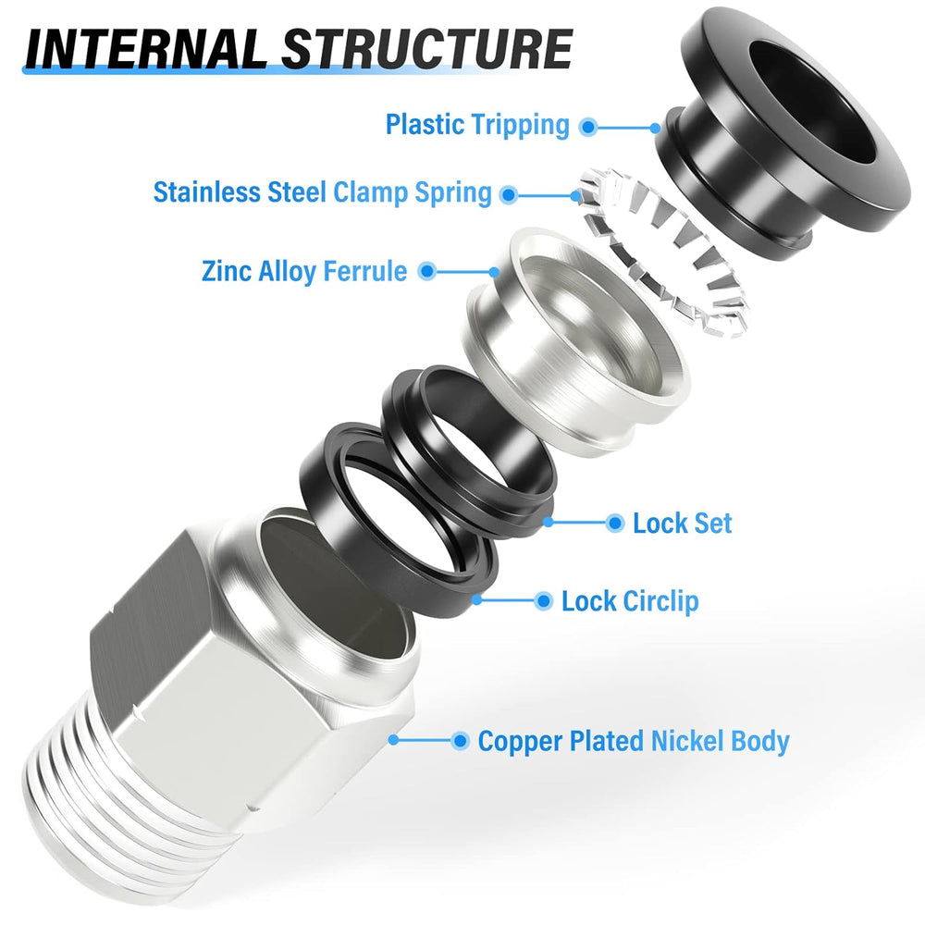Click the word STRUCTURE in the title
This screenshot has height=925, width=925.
426,50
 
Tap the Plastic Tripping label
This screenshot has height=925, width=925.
477,124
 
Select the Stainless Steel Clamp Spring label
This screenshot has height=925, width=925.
322,193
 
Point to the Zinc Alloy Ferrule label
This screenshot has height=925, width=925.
303,271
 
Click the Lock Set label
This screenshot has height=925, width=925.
682,524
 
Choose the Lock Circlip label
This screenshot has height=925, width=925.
630,601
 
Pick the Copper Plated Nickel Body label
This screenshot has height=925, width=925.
634,741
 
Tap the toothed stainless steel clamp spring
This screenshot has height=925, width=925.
675,250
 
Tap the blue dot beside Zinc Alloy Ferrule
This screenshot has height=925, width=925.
426,271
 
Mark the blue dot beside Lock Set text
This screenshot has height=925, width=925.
614,524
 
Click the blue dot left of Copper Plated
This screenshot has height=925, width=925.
460,741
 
